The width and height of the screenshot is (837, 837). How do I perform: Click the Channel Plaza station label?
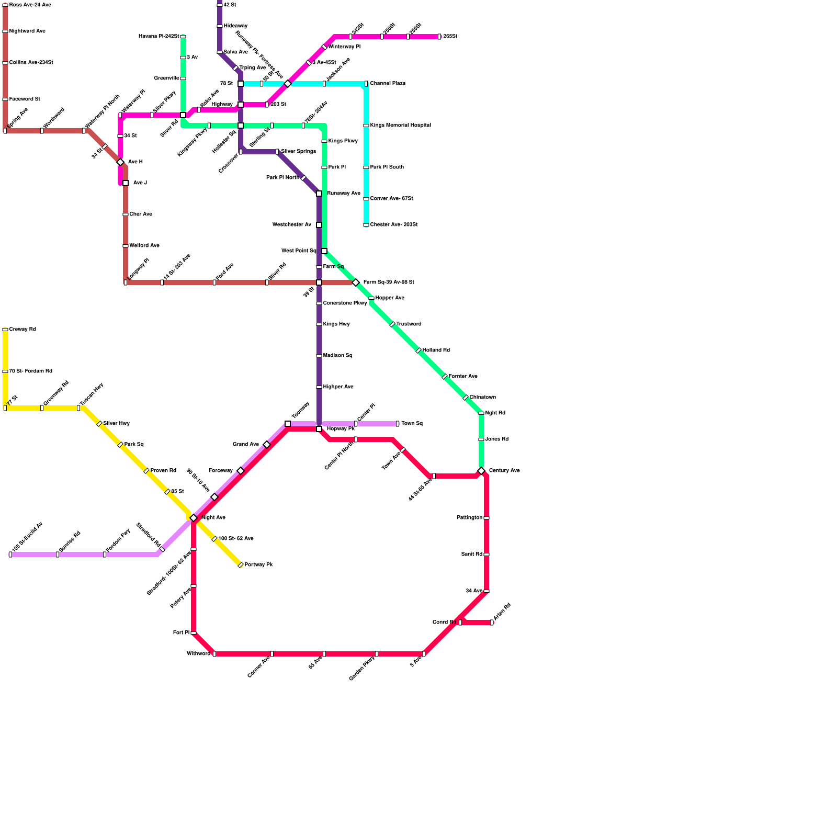click(388, 84)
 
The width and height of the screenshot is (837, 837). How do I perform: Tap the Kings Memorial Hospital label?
click(400, 126)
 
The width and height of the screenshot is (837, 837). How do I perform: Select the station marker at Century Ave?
click(481, 471)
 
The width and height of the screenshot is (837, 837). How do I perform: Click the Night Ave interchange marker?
click(194, 518)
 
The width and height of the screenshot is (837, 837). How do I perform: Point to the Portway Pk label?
click(258, 565)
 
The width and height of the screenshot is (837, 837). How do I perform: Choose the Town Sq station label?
click(412, 424)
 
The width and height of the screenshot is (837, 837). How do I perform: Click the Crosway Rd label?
click(22, 330)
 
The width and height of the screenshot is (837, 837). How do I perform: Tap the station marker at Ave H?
click(120, 162)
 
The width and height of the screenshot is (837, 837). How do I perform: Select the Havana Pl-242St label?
click(159, 37)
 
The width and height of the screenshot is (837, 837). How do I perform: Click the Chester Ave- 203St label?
click(393, 225)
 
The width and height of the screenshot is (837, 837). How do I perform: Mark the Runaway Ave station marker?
click(319, 194)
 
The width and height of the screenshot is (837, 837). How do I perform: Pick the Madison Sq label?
click(337, 356)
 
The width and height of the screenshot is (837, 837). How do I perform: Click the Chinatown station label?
click(482, 398)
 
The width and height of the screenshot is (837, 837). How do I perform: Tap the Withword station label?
click(198, 654)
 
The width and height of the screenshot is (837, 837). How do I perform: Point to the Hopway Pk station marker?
click(319, 429)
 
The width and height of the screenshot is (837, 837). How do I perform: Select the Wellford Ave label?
click(144, 246)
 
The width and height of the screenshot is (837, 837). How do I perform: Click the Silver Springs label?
click(298, 152)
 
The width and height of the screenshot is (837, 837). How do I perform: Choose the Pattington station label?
click(469, 518)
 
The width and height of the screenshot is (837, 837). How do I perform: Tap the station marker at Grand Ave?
click(267, 445)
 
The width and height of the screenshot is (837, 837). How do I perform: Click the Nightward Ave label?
click(27, 31)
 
